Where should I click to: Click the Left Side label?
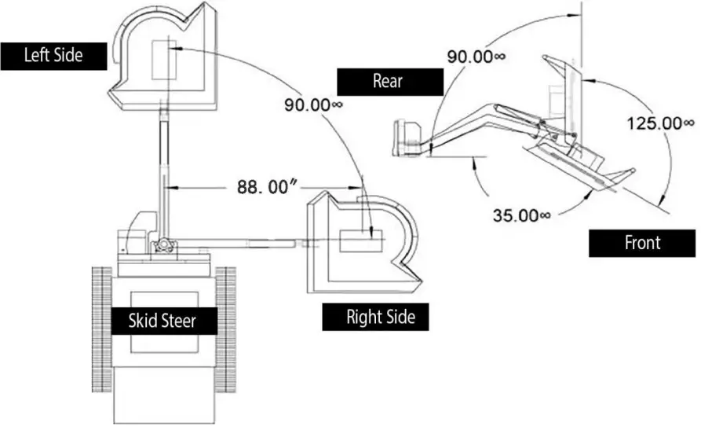(53, 56)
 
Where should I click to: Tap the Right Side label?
(375, 318)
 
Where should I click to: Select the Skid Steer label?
(162, 320)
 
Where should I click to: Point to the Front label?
(642, 243)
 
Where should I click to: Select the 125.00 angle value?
(659, 123)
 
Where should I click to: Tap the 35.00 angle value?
(521, 215)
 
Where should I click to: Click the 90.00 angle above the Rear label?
(476, 57)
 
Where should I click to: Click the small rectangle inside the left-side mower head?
(165, 59)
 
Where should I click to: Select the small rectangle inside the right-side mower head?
(360, 241)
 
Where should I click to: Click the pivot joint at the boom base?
(165, 245)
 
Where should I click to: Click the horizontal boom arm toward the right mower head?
(235, 243)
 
